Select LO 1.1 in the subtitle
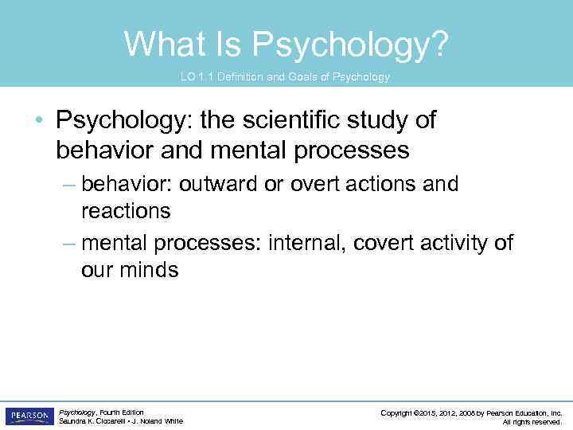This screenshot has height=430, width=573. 194,77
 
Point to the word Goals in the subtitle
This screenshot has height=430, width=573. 295,77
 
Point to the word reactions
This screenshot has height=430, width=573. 126,211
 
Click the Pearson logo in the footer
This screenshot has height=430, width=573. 29,416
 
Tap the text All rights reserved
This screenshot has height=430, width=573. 532,422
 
